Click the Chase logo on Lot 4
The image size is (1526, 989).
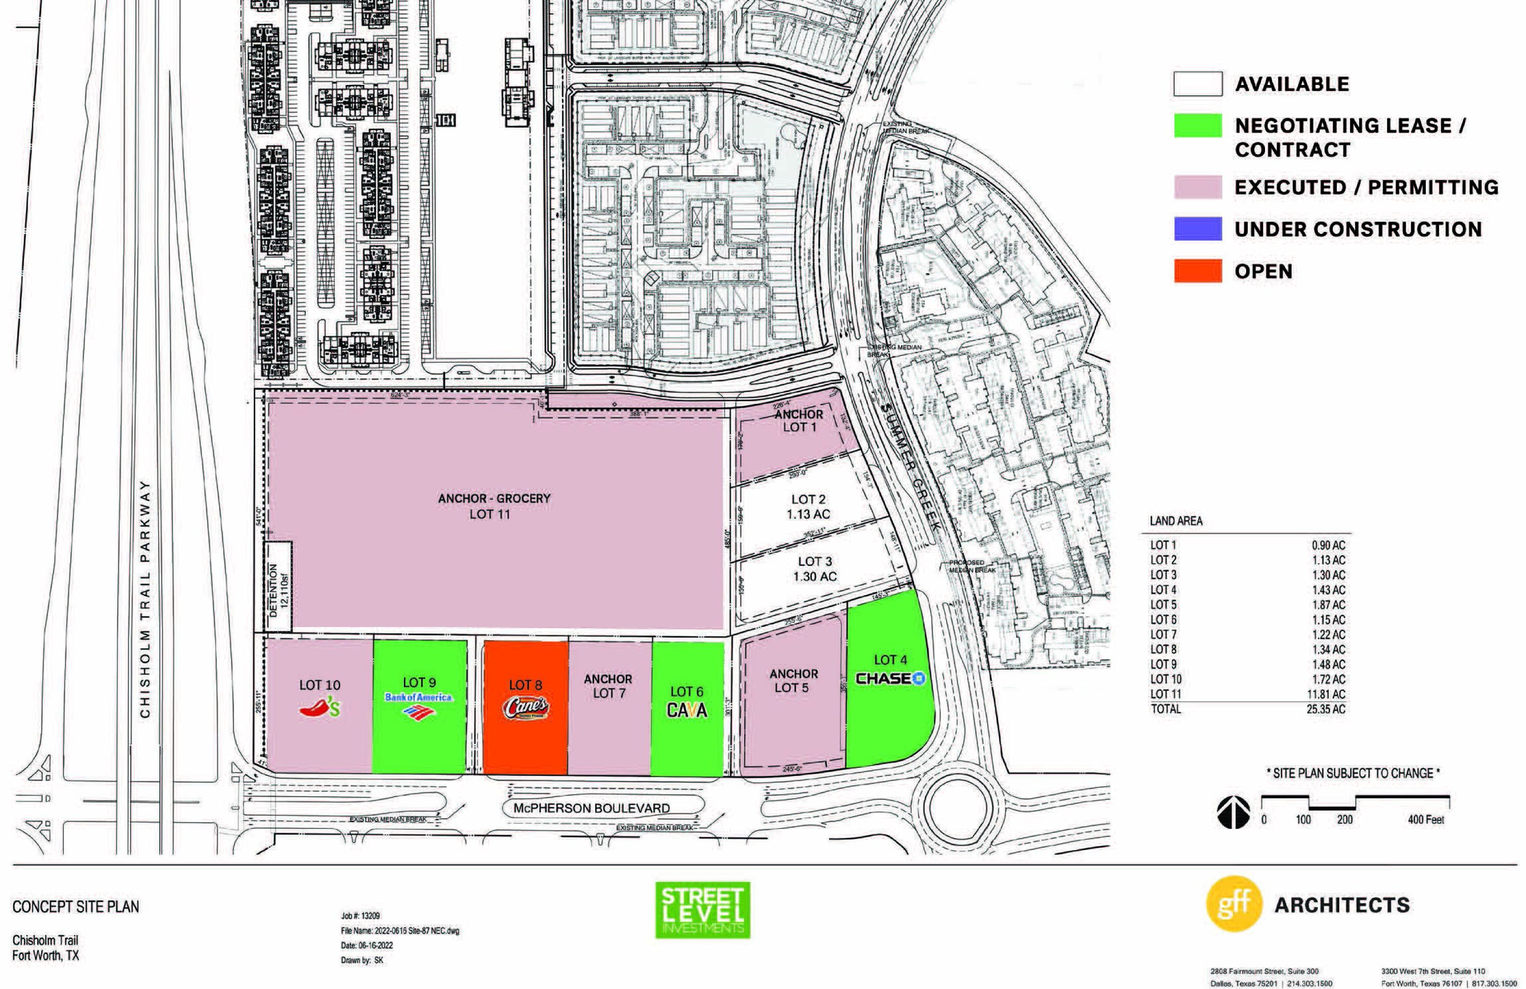click(x=891, y=678)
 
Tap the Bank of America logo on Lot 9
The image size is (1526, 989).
click(x=418, y=704)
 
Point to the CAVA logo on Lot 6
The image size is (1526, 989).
click(x=687, y=710)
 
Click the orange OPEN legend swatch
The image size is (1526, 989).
click(x=1197, y=271)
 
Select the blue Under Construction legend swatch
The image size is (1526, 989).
click(x=1197, y=229)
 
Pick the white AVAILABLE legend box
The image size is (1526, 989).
click(x=1197, y=84)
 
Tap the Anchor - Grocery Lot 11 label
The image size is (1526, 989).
click(x=494, y=506)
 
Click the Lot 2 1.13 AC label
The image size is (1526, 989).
click(x=808, y=506)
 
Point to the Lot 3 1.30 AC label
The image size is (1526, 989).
click(x=814, y=568)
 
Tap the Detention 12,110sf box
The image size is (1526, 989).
click(x=279, y=586)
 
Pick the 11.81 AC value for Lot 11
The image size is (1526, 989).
click(x=1327, y=694)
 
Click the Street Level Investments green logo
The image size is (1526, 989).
click(x=702, y=910)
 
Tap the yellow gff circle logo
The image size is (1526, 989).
click(x=1234, y=904)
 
